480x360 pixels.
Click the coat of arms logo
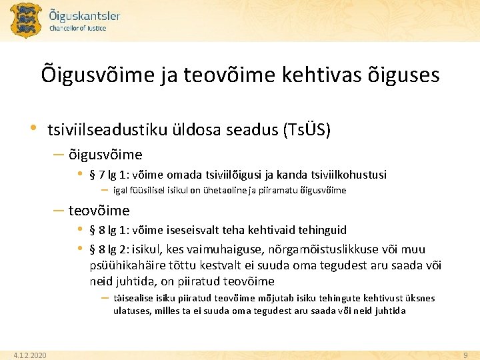pyautogui.click(x=25, y=20)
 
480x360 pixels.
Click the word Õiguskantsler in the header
pyautogui.click(x=85, y=15)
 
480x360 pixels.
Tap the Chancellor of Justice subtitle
pyautogui.click(x=78, y=29)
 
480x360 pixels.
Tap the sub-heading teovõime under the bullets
pyautogui.click(x=99, y=211)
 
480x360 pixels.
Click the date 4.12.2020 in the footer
pyautogui.click(x=30, y=355)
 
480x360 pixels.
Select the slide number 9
pyautogui.click(x=466, y=355)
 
